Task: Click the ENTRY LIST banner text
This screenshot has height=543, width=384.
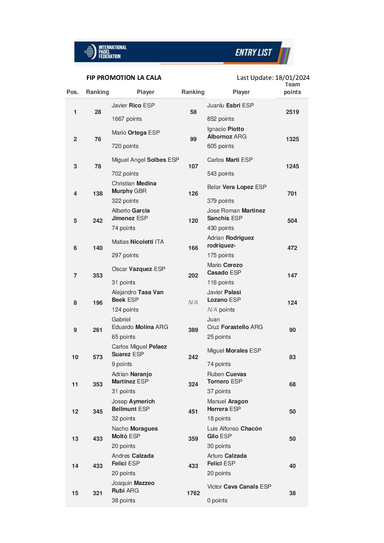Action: [253, 53]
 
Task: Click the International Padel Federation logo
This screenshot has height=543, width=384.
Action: [106, 52]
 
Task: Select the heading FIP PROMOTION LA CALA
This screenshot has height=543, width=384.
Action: [124, 78]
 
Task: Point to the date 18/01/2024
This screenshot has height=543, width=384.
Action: [292, 78]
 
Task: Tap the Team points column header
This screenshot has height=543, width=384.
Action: [292, 88]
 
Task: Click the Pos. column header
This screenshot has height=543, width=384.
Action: [73, 92]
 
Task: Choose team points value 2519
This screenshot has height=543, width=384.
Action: [292, 112]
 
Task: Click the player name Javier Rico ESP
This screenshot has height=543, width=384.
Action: [133, 106]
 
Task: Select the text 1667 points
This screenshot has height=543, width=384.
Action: [127, 119]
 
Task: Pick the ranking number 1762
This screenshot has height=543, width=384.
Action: [193, 493]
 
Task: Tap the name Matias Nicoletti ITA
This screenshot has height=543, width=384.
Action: [138, 242]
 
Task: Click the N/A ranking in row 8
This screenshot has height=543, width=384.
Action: [193, 303]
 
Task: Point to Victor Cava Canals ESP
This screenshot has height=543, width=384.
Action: [239, 487]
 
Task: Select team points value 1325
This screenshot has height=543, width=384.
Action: [292, 139]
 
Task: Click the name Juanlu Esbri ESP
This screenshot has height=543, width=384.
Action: [230, 106]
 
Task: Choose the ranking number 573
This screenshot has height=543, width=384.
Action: [98, 357]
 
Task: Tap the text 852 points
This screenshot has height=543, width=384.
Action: [221, 119]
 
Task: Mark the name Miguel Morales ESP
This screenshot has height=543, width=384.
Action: [234, 351]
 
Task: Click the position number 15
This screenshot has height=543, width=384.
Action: [75, 493]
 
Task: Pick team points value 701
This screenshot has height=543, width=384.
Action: [292, 194]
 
